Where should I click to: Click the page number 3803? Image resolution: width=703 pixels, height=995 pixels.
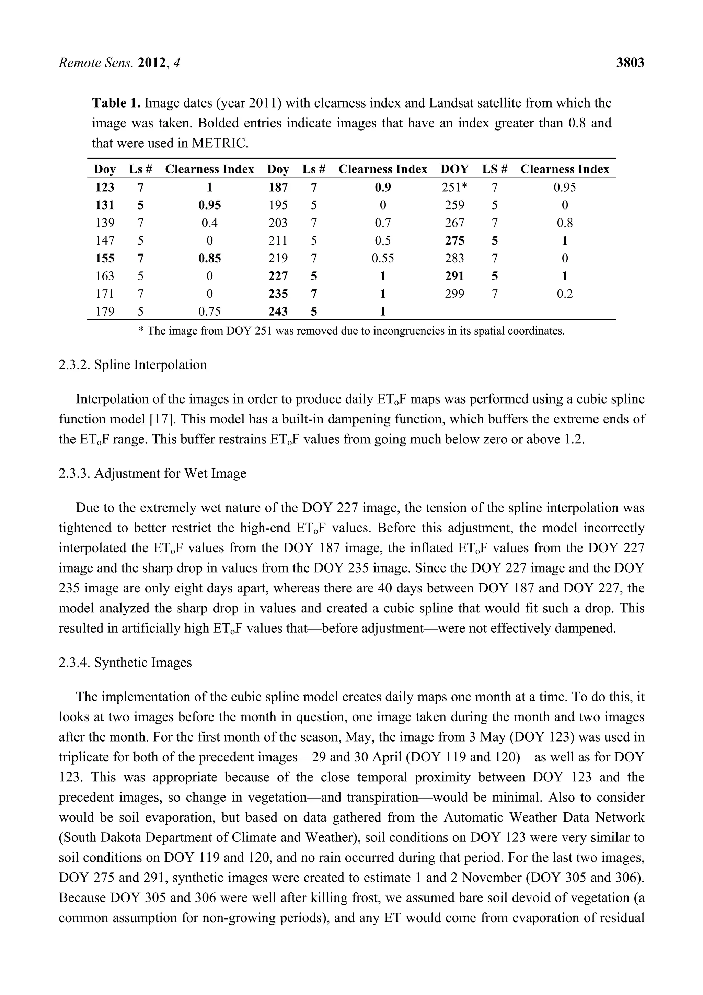pyautogui.click(x=630, y=63)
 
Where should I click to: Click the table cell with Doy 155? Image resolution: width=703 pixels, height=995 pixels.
pyautogui.click(x=105, y=258)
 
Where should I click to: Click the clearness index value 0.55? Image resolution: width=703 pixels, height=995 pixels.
pyautogui.click(x=382, y=258)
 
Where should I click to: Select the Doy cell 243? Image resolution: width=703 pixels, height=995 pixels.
pyautogui.click(x=278, y=312)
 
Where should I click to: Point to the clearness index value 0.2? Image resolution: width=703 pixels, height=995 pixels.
pyautogui.click(x=564, y=294)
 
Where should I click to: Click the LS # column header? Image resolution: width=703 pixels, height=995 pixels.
pyautogui.click(x=495, y=169)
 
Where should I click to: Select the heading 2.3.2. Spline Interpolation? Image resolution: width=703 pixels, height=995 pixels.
pyautogui.click(x=132, y=364)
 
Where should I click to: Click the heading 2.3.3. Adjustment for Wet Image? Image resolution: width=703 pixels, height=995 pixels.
pyautogui.click(x=152, y=473)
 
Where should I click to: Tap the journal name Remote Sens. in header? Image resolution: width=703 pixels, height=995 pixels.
pyautogui.click(x=96, y=63)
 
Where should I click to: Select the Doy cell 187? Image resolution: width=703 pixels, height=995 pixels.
pyautogui.click(x=278, y=187)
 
